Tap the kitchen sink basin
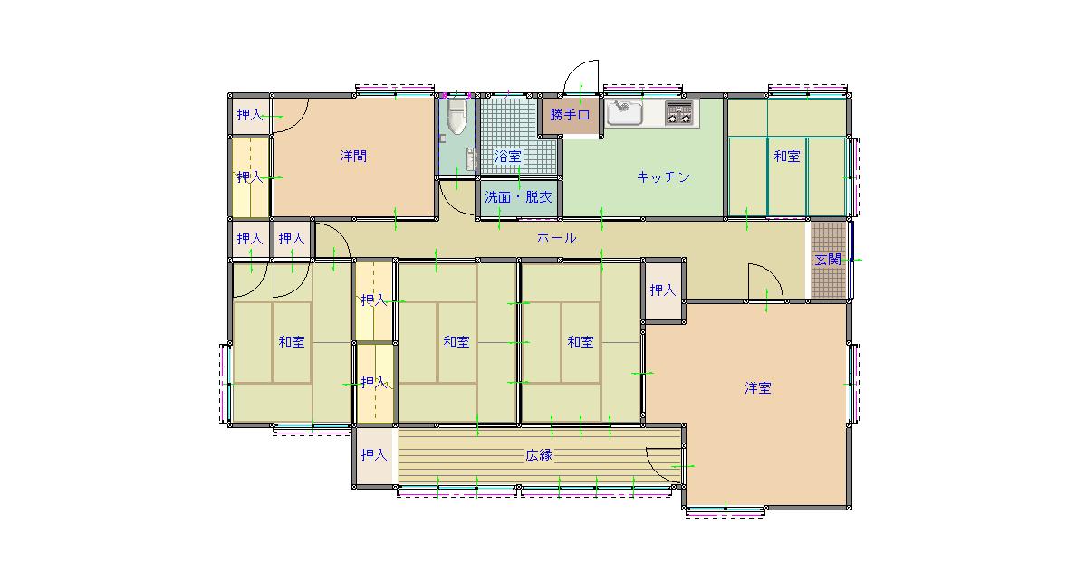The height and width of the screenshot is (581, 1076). (x=624, y=112)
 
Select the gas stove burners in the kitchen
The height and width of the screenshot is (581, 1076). (x=678, y=113)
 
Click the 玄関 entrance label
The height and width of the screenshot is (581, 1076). (x=828, y=260)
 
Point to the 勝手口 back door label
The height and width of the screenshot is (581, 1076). (x=570, y=115)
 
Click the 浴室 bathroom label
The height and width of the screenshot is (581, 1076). (x=508, y=157)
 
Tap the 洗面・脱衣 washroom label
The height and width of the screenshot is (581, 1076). (x=518, y=197)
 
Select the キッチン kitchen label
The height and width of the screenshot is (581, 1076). (x=663, y=177)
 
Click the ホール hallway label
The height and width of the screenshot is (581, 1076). (x=556, y=238)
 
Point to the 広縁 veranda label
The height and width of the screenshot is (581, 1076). (x=539, y=455)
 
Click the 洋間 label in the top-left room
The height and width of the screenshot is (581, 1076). (x=353, y=157)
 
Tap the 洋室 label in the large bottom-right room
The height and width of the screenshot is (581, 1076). (x=757, y=388)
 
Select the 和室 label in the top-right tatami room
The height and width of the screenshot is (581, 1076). (x=787, y=157)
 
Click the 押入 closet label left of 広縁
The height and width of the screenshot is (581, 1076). (x=374, y=455)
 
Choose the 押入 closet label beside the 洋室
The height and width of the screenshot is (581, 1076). (x=663, y=290)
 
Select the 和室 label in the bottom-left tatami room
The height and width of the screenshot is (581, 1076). (x=292, y=341)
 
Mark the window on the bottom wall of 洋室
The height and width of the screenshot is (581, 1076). (x=725, y=511)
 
